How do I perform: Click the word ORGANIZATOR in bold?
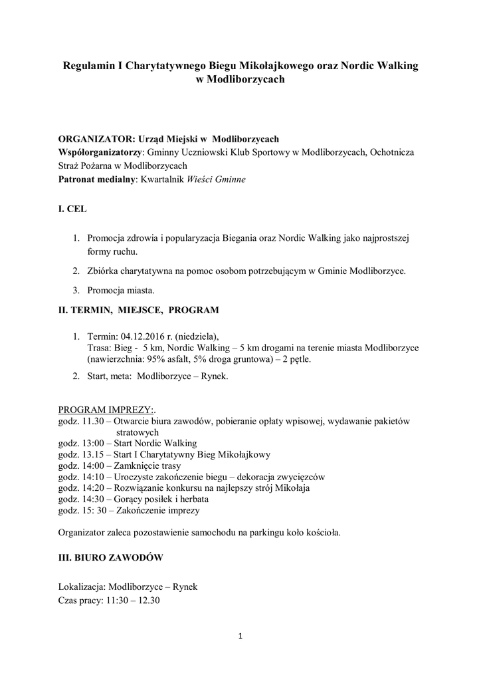[93, 139]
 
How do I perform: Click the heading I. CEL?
[72, 209]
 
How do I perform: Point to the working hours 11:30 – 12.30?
[134, 600]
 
